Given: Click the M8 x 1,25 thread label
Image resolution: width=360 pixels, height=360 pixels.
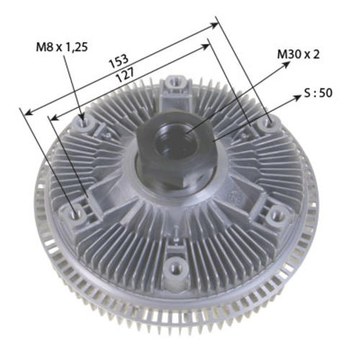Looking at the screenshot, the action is click(62, 47).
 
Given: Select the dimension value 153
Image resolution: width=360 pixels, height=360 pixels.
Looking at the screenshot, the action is click(119, 61).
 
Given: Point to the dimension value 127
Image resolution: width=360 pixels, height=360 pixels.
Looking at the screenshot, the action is click(125, 74).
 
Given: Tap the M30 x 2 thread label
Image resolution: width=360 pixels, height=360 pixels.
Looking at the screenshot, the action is click(298, 55).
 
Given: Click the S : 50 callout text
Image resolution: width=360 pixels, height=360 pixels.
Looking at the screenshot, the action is click(318, 93).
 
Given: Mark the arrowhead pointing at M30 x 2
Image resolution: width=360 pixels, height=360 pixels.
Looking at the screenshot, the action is click(287, 64).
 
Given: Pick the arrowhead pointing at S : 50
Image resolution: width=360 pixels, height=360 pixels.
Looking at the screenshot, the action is click(297, 98).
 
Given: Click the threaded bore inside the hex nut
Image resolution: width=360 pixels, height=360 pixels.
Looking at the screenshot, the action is click(176, 142).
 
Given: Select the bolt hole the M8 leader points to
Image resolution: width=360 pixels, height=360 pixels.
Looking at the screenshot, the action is click(84, 122).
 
